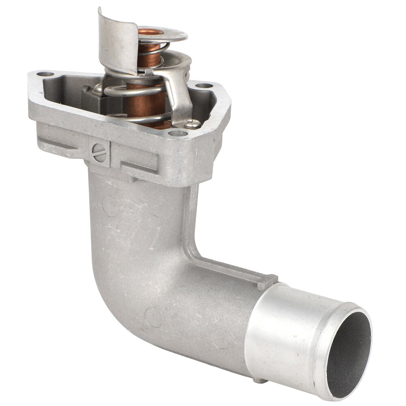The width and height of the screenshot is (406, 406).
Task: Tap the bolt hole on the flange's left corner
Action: (45, 74)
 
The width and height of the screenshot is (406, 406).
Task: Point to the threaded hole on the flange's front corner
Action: (178, 133)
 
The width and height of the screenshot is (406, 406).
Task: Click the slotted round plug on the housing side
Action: (99, 153)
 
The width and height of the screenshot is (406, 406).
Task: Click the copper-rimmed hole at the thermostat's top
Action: (151, 32)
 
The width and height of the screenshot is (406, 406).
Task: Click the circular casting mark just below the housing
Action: (110, 206)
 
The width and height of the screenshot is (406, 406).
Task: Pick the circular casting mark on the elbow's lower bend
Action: (153, 317)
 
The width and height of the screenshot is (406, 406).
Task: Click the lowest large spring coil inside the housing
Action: (138, 119)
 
